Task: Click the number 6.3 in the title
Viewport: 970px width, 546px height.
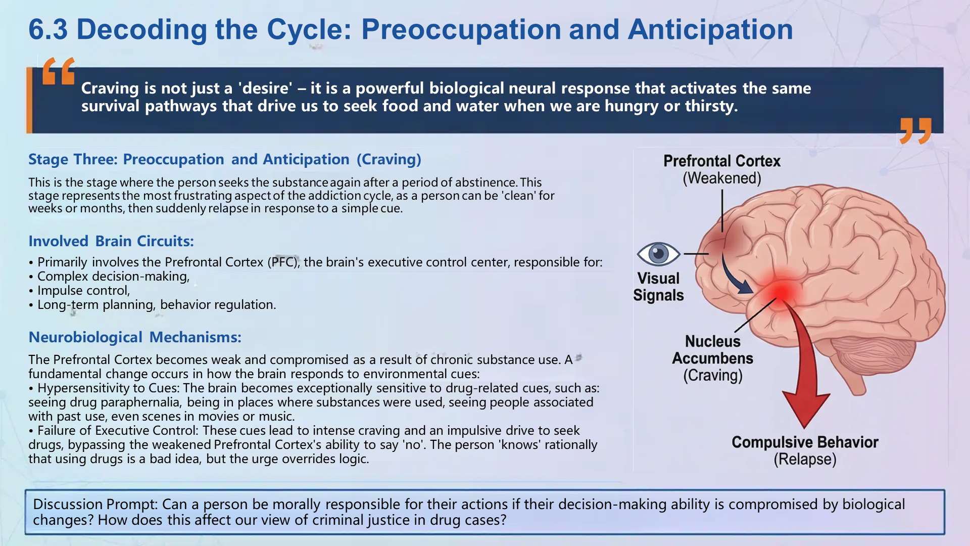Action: tap(48, 29)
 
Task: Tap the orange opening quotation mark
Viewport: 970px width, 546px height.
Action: tap(59, 71)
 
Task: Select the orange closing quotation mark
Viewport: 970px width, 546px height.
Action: tap(915, 131)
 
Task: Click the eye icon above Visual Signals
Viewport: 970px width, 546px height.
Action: tap(658, 253)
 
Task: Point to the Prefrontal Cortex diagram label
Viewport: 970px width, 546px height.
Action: tap(721, 161)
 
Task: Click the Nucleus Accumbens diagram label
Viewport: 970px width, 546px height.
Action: tap(712, 350)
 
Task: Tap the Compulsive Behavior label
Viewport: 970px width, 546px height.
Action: tap(805, 442)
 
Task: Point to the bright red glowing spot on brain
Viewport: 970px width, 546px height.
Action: tap(781, 292)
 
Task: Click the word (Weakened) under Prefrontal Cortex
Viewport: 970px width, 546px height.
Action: tap(721, 178)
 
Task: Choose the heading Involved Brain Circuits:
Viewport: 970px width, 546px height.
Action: tap(111, 241)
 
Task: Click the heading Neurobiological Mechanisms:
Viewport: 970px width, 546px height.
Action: tap(135, 337)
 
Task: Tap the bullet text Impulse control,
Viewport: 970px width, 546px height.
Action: tap(83, 291)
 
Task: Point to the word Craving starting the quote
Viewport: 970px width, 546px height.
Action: tap(110, 88)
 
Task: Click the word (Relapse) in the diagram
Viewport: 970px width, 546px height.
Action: tap(805, 460)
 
